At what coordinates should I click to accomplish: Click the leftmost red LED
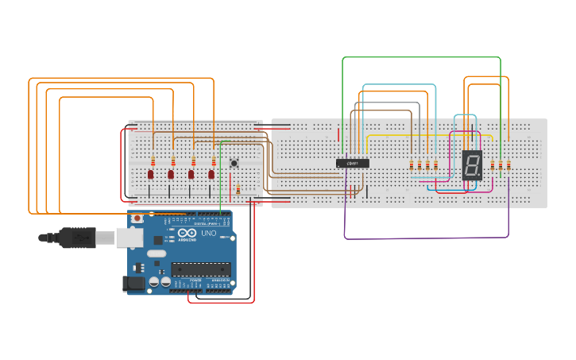150,174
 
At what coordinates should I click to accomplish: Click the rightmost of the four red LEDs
211,174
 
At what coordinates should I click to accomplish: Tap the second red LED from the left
170,174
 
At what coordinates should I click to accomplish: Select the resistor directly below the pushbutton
238,188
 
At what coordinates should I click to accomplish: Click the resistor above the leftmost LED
153,161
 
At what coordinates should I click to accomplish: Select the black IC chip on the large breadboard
352,163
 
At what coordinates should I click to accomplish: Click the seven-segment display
472,165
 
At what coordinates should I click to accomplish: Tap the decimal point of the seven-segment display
479,176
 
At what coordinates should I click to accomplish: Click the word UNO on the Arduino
207,234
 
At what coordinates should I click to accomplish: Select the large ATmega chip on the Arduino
201,269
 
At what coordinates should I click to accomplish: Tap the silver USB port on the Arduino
128,237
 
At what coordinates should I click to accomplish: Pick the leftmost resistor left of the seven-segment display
412,165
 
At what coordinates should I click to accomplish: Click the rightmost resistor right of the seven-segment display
508,165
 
